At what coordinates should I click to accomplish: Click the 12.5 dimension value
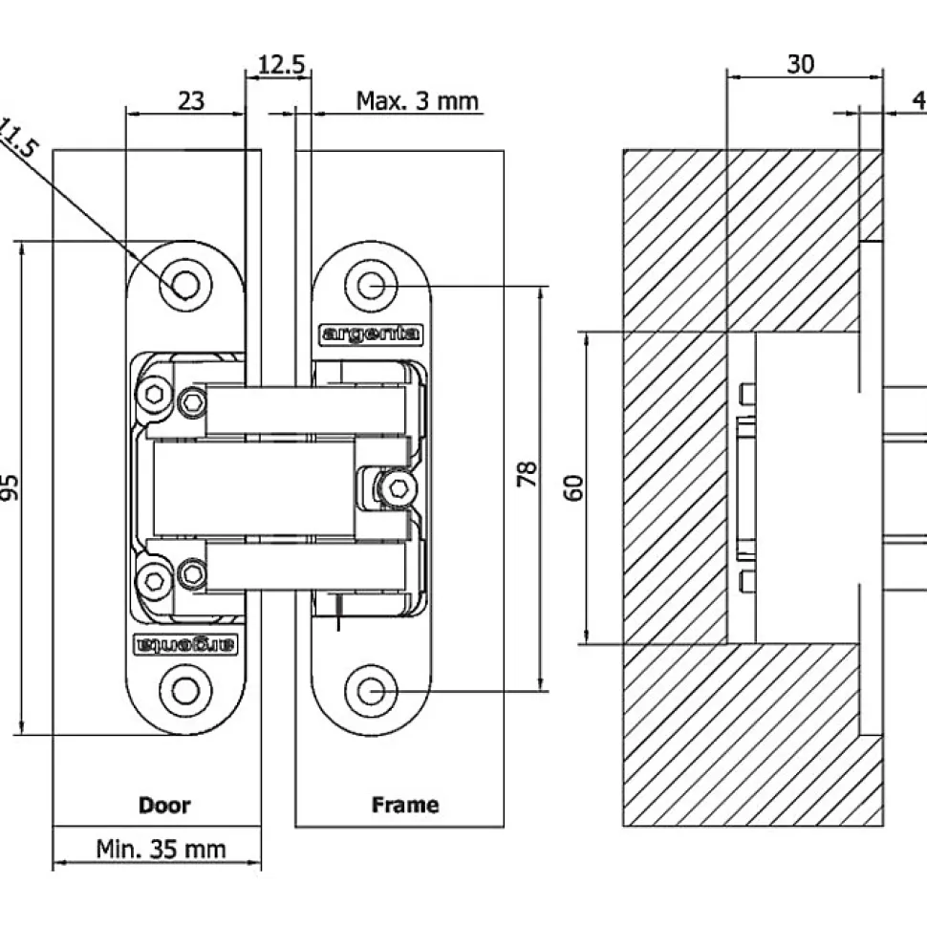coord(281,65)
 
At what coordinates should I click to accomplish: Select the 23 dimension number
coord(191,99)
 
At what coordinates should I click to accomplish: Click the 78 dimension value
coord(526,475)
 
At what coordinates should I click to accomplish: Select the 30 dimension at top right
coord(801,64)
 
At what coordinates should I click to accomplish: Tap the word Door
coord(164,805)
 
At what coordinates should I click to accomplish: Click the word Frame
coord(405,805)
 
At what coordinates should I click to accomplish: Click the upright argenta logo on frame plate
coord(369,334)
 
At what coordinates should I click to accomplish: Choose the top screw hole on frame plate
coord(375,285)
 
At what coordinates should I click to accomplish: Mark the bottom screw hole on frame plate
coord(375,690)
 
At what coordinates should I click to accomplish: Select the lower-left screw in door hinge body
coord(153,576)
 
